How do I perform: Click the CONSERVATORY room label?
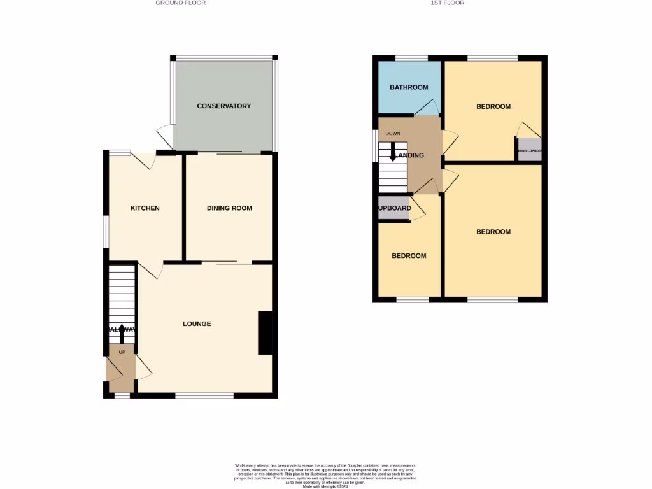223,106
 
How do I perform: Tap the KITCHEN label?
145,208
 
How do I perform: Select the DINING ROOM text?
229,208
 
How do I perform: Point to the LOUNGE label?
197,324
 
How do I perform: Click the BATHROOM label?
409,87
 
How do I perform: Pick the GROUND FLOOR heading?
181,3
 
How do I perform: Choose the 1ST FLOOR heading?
448,3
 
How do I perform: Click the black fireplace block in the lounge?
265,332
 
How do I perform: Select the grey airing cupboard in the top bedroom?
529,150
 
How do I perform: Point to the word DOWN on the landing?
392,134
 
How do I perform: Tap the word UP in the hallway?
122,351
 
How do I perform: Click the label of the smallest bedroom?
409,256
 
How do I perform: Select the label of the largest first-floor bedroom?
493,232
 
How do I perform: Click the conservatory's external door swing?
166,136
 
